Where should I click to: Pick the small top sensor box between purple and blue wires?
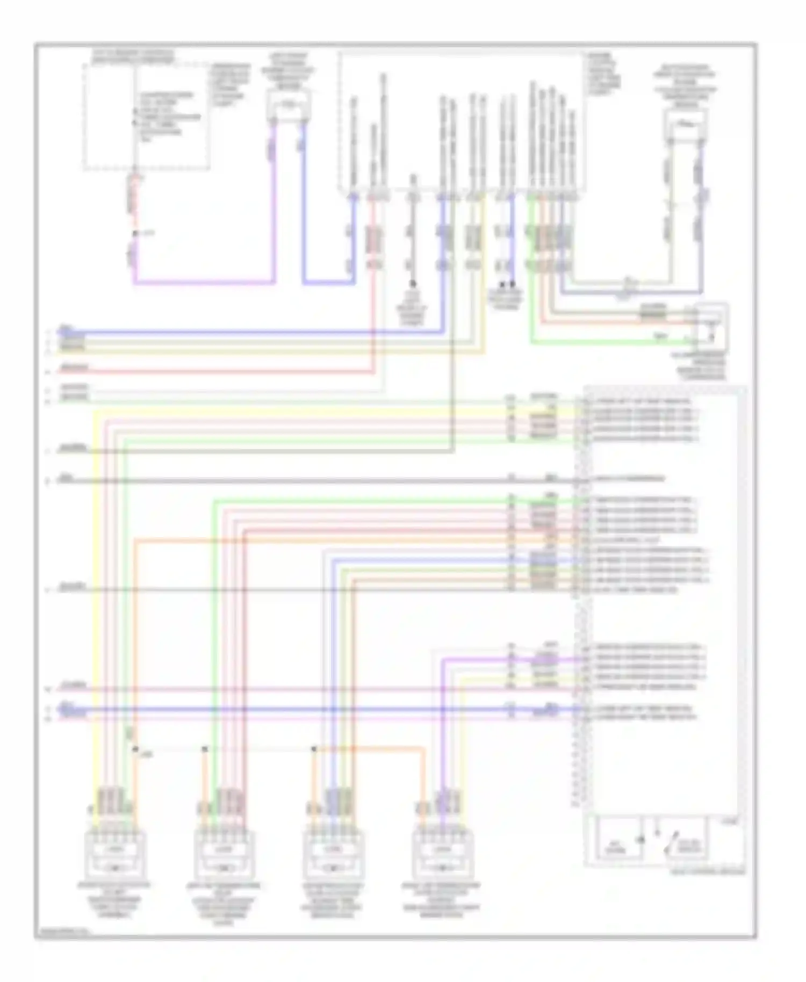click(x=289, y=105)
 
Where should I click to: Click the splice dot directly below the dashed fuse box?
click(x=135, y=234)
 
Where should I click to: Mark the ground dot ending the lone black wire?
click(x=413, y=283)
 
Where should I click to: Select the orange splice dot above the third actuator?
click(x=314, y=748)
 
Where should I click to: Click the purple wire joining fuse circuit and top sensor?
click(x=204, y=281)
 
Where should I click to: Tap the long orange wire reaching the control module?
click(x=349, y=540)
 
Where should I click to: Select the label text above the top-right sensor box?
click(x=685, y=84)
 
